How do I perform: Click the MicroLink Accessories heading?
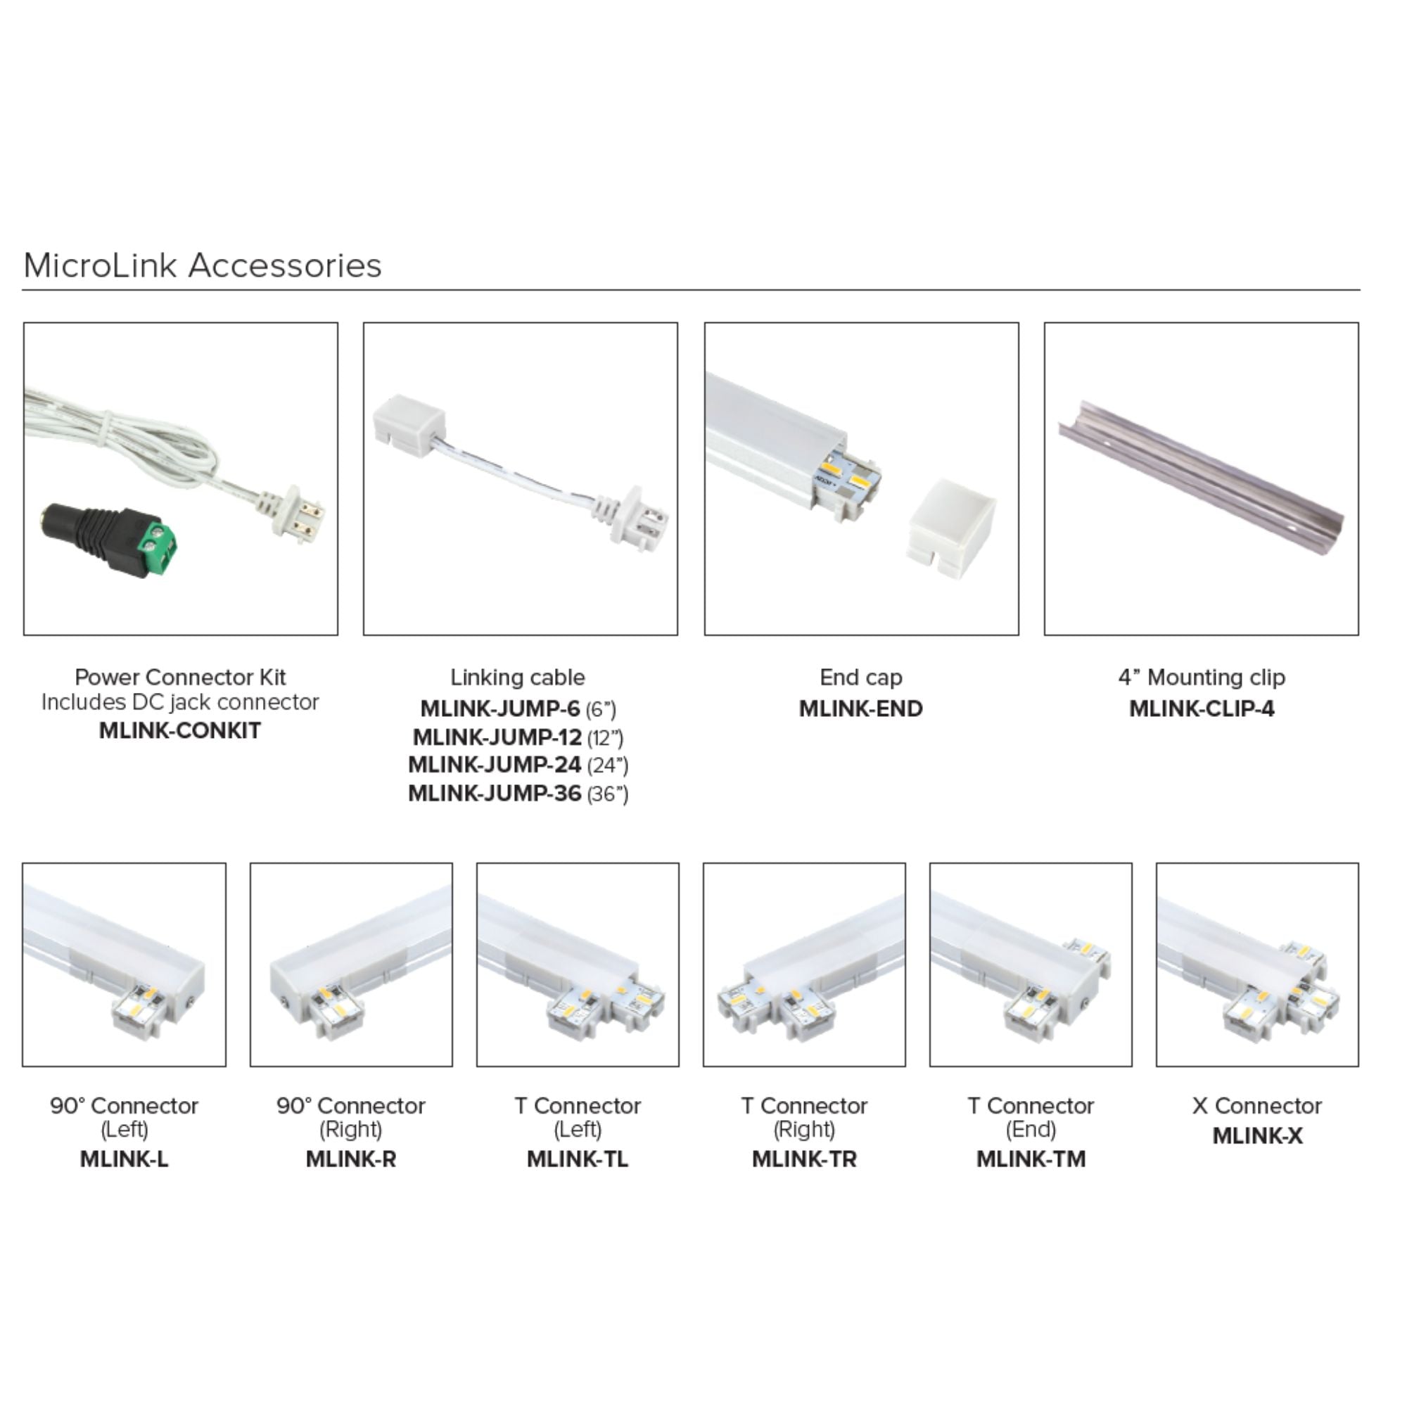point(203,265)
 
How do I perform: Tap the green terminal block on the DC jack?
point(159,542)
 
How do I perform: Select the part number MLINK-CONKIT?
point(180,730)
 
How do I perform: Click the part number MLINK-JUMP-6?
point(499,708)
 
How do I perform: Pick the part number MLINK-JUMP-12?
point(497,737)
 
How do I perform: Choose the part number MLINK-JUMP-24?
point(495,765)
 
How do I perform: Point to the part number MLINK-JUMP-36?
point(495,793)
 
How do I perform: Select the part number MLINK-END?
point(861,708)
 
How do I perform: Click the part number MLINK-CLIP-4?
point(1202,708)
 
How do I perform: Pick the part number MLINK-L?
point(124,1159)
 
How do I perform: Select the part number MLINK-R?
point(351,1159)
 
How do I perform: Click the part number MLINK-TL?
point(578,1159)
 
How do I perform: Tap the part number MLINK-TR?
point(804,1159)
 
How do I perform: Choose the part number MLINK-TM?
point(1031,1159)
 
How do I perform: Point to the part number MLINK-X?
point(1257,1135)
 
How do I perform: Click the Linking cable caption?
point(518,677)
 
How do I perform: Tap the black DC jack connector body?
point(91,533)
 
